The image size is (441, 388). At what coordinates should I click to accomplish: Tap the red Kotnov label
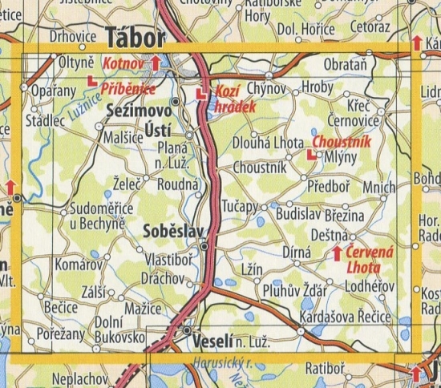123,62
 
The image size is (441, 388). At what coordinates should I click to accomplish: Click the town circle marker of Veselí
187,330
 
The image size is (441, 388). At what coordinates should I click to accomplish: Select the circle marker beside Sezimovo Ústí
174,102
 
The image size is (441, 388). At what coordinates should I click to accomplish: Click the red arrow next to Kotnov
155,62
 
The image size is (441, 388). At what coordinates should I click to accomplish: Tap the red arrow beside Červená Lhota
338,254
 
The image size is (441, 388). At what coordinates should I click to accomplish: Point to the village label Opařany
53,91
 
